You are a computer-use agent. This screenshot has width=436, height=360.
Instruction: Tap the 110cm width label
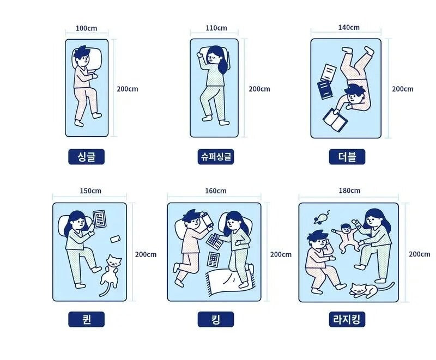pyautogui.click(x=216, y=28)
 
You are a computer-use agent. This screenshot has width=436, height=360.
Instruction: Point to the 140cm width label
pyautogui.click(x=349, y=27)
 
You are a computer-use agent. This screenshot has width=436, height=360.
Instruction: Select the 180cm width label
pyautogui.click(x=349, y=191)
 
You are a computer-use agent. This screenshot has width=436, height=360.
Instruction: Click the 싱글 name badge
pyautogui.click(x=86, y=157)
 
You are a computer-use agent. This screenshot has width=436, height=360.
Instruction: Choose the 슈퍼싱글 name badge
pyautogui.click(x=216, y=157)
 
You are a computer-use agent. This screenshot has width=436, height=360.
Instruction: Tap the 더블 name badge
pyautogui.click(x=347, y=157)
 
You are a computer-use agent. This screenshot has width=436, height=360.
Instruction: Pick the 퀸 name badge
pyautogui.click(x=86, y=319)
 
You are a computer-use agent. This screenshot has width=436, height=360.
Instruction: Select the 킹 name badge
pyautogui.click(x=216, y=319)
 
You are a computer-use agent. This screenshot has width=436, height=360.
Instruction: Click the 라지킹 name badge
pyautogui.click(x=347, y=319)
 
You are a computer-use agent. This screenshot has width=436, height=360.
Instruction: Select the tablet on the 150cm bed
pyautogui.click(x=100, y=219)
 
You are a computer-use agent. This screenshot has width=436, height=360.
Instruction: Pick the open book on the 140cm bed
pyautogui.click(x=334, y=119)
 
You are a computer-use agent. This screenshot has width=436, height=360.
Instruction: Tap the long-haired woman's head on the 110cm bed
pyautogui.click(x=216, y=56)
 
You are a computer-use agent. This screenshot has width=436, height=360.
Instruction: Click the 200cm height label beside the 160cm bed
pyautogui.click(x=281, y=254)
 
